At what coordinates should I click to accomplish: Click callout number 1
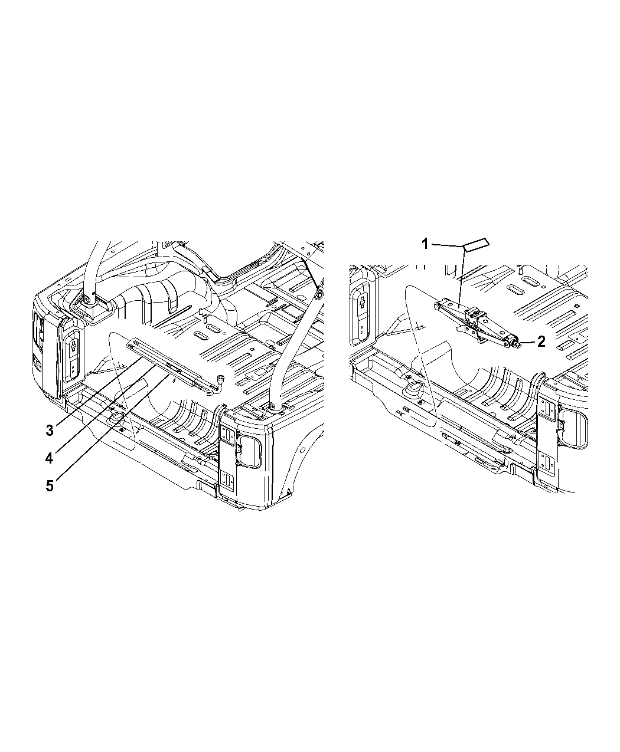coord(425,244)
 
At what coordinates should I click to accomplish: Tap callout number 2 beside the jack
coord(541,341)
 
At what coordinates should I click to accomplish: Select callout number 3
coord(50,431)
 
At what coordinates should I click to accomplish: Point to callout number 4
coord(49,458)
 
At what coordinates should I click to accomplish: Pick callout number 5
coord(50,486)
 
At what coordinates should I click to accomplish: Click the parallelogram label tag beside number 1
coord(476,245)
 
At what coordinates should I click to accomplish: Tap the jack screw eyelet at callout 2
coord(515,341)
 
